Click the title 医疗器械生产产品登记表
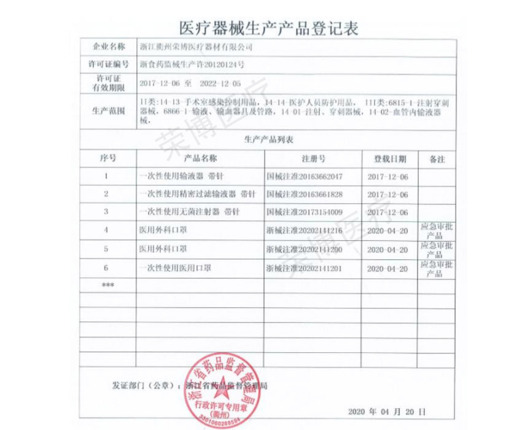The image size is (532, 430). click(267, 27)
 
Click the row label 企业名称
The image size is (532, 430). click(108, 47)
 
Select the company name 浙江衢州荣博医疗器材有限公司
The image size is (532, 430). click(196, 48)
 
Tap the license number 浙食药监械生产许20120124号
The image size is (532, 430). click(192, 66)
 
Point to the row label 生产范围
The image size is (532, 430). click(108, 110)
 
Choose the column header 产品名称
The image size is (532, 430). click(201, 158)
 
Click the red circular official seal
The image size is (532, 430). click(223, 386)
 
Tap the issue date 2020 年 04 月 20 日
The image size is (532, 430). click(387, 413)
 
